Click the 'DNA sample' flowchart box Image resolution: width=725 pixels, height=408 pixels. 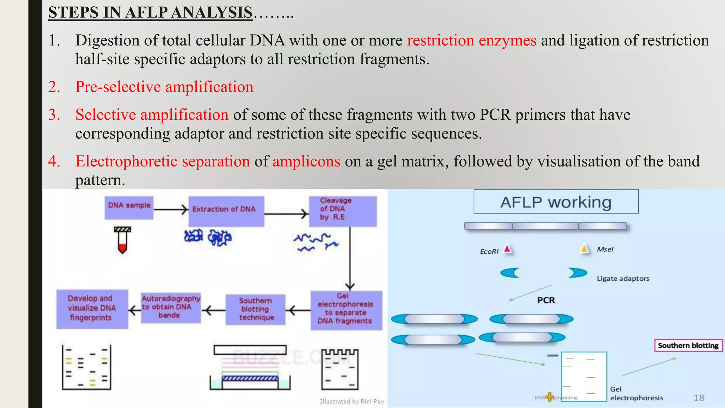click(x=129, y=208)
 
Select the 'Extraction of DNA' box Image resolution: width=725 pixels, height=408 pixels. click(x=226, y=211)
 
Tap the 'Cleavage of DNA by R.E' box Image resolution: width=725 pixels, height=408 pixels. click(x=342, y=211)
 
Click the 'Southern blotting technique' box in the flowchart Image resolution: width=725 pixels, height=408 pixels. click(x=255, y=310)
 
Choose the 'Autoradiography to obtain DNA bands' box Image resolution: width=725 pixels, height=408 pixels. click(x=171, y=307)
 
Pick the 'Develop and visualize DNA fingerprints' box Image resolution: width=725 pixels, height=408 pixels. click(x=92, y=309)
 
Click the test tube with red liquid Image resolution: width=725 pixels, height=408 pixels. click(x=122, y=240)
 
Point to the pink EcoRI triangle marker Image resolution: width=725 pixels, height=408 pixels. click(x=508, y=249)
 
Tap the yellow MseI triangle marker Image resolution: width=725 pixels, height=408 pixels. click(x=584, y=249)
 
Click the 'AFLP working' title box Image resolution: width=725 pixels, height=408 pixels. click(x=556, y=202)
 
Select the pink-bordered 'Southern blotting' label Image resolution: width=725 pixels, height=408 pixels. click(x=688, y=345)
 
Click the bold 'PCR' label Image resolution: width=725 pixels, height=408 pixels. click(x=546, y=300)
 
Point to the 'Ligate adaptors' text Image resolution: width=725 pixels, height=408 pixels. click(x=623, y=278)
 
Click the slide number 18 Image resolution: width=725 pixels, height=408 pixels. click(x=698, y=398)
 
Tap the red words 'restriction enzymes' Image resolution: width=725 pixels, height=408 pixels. click(x=472, y=40)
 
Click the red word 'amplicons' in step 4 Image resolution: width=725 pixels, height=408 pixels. click(x=306, y=161)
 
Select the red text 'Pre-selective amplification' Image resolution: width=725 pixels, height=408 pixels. click(x=164, y=87)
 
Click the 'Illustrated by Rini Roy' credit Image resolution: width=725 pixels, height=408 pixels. click(x=352, y=401)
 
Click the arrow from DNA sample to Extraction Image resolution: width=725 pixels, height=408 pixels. click(x=171, y=209)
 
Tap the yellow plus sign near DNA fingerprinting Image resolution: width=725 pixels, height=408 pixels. click(x=549, y=397)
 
